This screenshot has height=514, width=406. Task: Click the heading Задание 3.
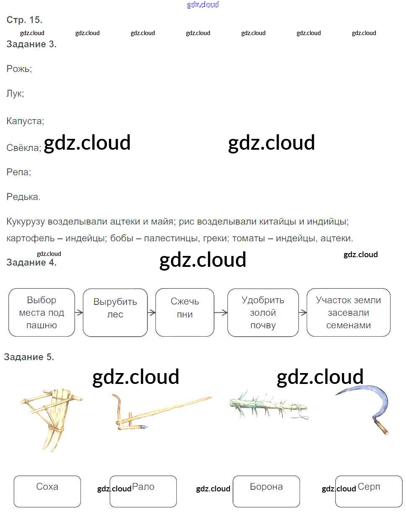[x=31, y=44]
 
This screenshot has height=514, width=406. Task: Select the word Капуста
[x=25, y=121]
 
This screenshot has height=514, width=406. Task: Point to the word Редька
[x=23, y=197]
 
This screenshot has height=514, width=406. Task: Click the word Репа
[x=19, y=172]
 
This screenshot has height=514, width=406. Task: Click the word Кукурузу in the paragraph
[x=26, y=222]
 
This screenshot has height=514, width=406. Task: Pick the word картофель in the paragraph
[x=31, y=238]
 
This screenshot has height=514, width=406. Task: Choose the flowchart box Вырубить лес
[x=115, y=312]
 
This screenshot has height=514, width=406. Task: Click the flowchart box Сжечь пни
[x=185, y=312]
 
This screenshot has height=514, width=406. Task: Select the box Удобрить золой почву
[x=263, y=312]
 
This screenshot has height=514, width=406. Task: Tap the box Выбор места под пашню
[x=41, y=312]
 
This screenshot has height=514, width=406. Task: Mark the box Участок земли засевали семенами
[x=349, y=312]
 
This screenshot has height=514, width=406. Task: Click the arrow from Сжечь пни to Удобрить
[x=221, y=312]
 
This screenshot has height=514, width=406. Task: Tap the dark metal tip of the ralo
[x=144, y=427]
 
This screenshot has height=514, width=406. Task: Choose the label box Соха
[x=47, y=491]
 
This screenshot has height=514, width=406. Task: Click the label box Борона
[x=266, y=491]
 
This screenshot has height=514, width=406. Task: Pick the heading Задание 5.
[x=29, y=357]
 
